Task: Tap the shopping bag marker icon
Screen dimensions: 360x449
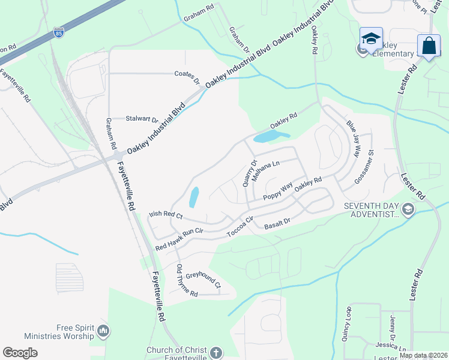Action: click(429, 46)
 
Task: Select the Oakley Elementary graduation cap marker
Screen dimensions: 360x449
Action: click(371, 38)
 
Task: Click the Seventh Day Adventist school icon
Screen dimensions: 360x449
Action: click(408, 209)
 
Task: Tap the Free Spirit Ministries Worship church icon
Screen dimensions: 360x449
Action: click(103, 331)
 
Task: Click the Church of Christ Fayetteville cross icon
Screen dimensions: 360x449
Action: click(215, 353)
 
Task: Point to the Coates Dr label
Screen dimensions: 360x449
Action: click(187, 77)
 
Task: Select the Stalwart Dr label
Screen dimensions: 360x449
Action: click(142, 119)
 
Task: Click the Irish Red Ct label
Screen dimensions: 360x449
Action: click(165, 214)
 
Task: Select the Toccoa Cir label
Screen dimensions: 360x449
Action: click(241, 226)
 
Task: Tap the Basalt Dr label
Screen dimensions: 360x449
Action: click(277, 224)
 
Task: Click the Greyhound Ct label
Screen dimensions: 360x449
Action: click(203, 280)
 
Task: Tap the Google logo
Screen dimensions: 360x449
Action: click(20, 353)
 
